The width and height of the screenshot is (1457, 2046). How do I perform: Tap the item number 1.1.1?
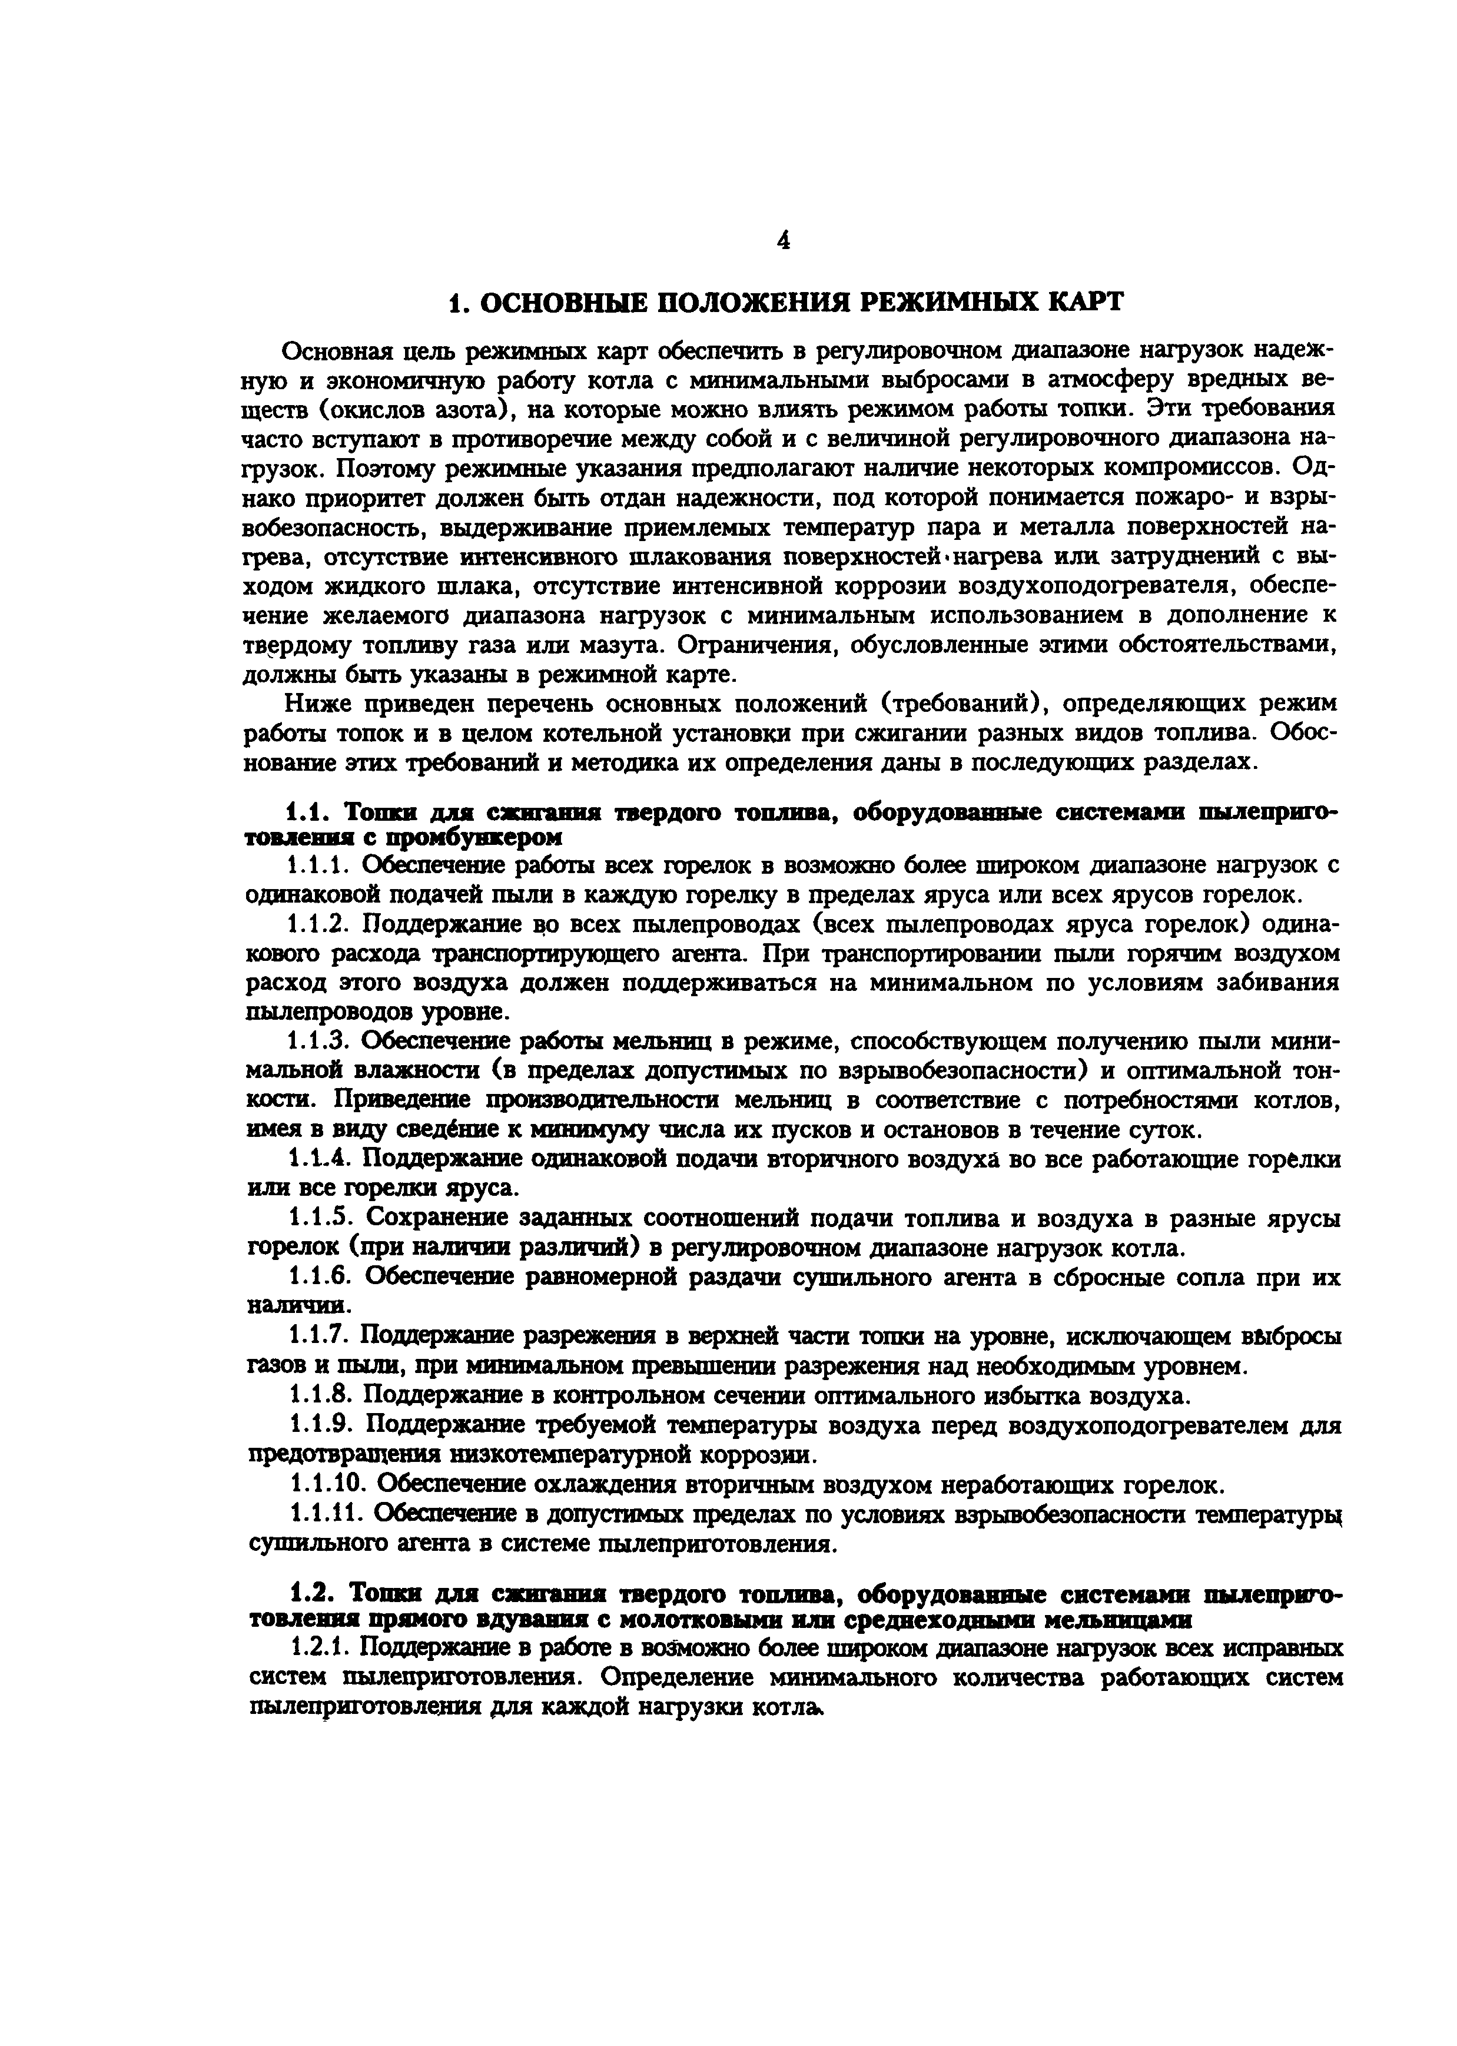pyautogui.click(x=320, y=865)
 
